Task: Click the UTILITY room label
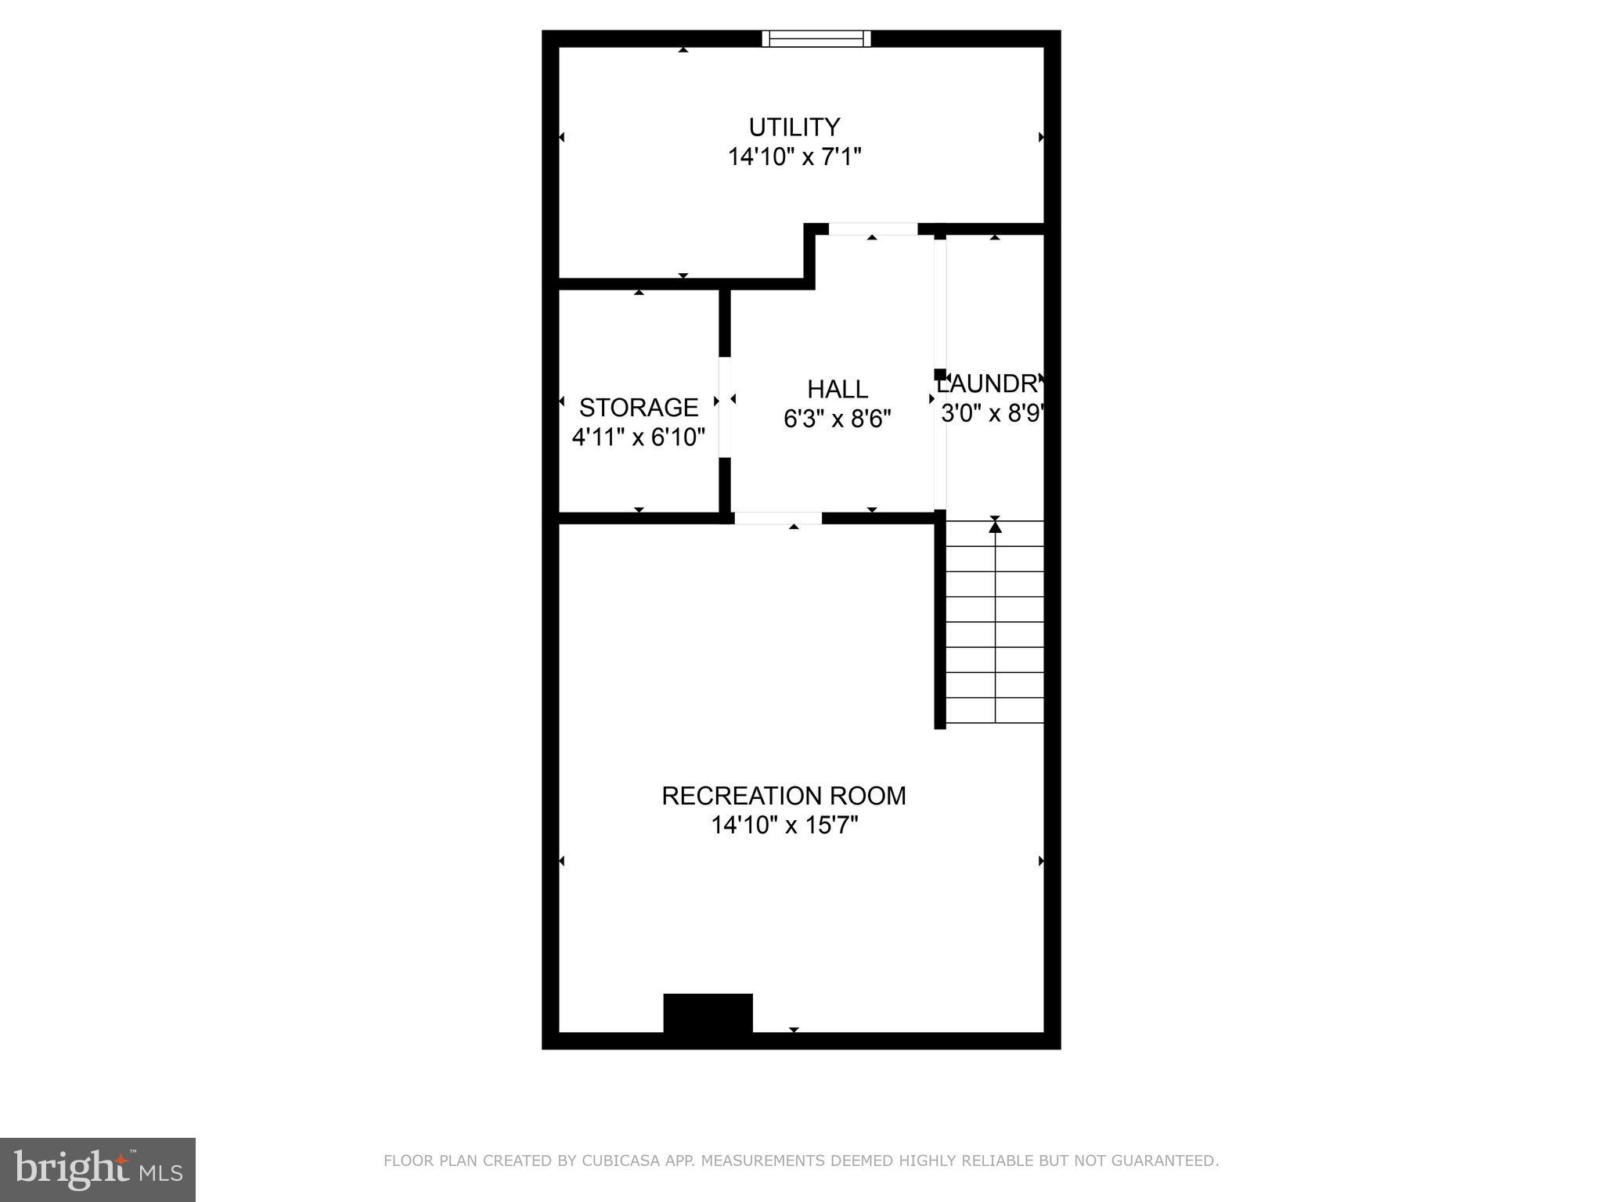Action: [794, 127]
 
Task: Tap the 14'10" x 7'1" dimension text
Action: [794, 157]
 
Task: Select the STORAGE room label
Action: [639, 407]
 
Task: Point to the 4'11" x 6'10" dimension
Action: [639, 437]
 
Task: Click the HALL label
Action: [838, 389]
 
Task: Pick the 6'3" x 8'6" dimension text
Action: [838, 419]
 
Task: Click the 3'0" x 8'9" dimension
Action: [992, 413]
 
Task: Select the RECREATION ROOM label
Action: [783, 796]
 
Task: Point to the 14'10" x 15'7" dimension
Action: [784, 826]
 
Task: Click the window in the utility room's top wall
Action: [816, 38]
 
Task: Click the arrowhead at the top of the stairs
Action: [995, 526]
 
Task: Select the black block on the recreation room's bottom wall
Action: [708, 1013]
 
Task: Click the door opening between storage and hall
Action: [725, 407]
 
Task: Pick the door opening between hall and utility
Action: [873, 229]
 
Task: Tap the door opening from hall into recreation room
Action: [778, 518]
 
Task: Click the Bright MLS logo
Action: [98, 1170]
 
